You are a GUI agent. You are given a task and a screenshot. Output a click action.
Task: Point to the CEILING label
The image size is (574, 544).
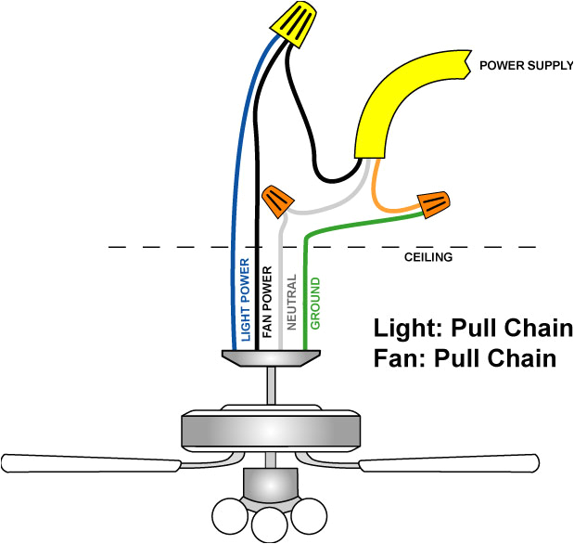tap(428, 257)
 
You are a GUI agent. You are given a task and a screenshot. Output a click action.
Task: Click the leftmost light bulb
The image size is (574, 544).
tap(227, 516)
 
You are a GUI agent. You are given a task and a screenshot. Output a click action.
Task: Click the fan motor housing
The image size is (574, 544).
tap(269, 429)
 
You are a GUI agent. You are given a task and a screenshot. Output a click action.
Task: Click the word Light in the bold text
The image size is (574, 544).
tap(403, 329)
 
